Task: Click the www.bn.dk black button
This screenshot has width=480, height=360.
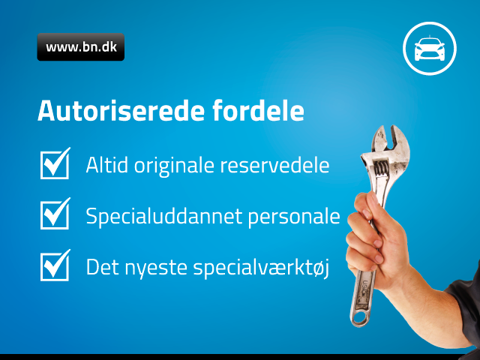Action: [81, 46]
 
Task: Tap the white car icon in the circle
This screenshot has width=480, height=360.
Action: [430, 49]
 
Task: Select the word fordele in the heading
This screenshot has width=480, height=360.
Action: [258, 110]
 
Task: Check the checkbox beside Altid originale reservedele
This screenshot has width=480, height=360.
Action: [55, 163]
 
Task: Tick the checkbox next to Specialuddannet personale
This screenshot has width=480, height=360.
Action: [55, 214]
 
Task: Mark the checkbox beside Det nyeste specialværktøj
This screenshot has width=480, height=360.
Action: [55, 265]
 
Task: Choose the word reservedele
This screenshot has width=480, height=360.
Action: [275, 165]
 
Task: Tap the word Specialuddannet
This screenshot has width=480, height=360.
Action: [164, 217]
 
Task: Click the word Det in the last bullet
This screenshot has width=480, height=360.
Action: [102, 267]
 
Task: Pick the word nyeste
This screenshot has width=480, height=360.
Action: [156, 268]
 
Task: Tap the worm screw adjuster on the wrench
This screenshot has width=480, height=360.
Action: [382, 169]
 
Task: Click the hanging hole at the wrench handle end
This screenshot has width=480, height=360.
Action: [360, 318]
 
